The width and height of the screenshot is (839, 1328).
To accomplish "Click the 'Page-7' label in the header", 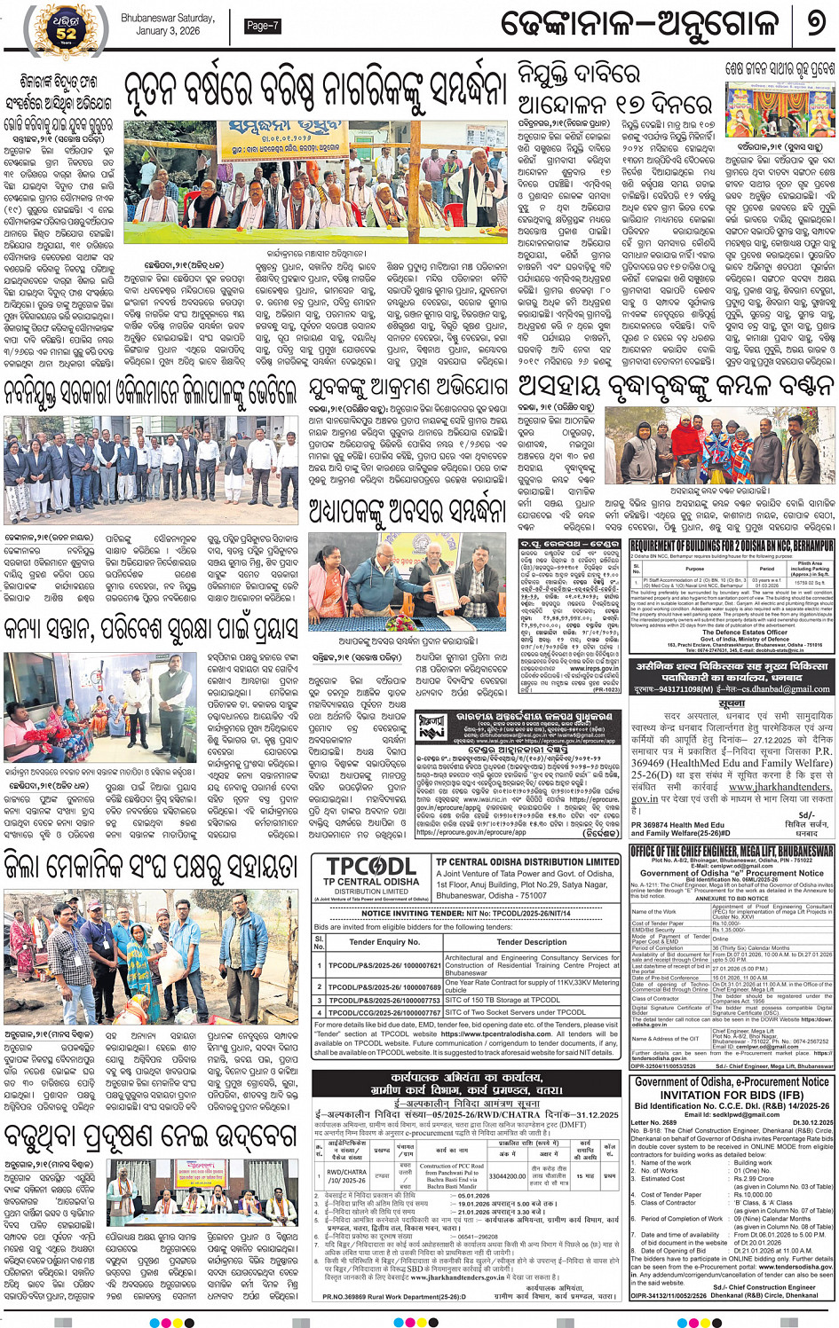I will [262, 26].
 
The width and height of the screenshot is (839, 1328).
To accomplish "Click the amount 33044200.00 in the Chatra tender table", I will [507, 1176].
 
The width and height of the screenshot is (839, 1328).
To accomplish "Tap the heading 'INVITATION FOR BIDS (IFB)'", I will [732, 1094].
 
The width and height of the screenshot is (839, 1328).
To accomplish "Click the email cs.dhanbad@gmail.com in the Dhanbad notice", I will [783, 688].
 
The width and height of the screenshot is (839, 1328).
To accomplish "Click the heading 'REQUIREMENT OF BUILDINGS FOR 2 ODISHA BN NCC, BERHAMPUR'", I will [731, 546].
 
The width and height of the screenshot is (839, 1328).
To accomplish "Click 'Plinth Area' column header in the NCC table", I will [810, 563].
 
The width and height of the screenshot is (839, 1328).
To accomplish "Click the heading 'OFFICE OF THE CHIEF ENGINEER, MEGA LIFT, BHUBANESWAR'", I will [732, 851].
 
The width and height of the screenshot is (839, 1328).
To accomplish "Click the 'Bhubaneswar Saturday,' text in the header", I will [168, 18].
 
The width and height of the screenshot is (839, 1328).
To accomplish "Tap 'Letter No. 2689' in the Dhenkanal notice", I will [653, 1122].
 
